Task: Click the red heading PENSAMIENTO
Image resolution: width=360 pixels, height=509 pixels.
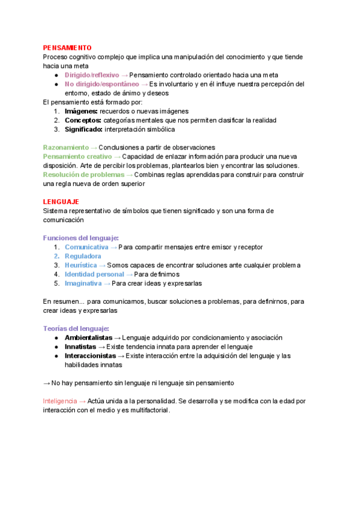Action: pyautogui.click(x=67, y=47)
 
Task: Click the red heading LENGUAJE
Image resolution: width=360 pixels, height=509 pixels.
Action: pyautogui.click(x=61, y=202)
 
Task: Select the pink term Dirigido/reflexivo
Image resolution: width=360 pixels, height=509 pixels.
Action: pyautogui.click(x=92, y=75)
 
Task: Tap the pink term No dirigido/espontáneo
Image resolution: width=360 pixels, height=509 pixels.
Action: pyautogui.click(x=101, y=84)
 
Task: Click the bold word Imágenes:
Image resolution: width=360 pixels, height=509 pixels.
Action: pyautogui.click(x=81, y=111)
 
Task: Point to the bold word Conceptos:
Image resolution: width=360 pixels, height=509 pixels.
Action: pyautogui.click(x=83, y=120)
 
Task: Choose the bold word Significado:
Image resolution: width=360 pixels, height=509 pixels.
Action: pyautogui.click(x=84, y=129)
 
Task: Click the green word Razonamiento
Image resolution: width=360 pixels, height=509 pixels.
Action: pyautogui.click(x=66, y=147)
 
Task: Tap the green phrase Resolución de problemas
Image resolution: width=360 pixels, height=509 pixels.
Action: pyautogui.click(x=83, y=175)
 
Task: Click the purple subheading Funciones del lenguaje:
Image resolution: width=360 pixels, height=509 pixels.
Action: pyautogui.click(x=81, y=238)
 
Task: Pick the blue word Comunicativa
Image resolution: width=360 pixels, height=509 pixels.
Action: pyautogui.click(x=86, y=247)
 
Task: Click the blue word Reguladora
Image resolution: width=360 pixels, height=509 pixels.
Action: pyautogui.click(x=83, y=256)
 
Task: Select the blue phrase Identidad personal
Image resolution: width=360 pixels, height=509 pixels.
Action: pyautogui.click(x=94, y=274)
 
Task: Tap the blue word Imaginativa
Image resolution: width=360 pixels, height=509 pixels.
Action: pyautogui.click(x=83, y=283)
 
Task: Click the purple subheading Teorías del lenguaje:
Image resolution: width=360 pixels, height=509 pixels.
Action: pyautogui.click(x=76, y=328)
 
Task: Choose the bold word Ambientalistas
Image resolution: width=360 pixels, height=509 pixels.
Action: pyautogui.click(x=88, y=337)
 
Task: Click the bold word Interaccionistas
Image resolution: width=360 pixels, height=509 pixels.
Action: pyautogui.click(x=91, y=355)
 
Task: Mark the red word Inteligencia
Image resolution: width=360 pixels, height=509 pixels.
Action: pyautogui.click(x=60, y=400)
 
